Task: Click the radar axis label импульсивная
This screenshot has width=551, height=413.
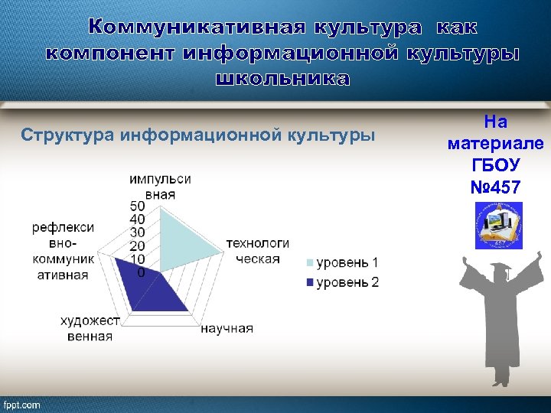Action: pyautogui.click(x=160, y=186)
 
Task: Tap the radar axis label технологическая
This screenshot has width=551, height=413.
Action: pyautogui.click(x=257, y=250)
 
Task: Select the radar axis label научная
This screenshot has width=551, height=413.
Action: pyautogui.click(x=227, y=328)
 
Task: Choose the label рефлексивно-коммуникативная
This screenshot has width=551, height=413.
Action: pyautogui.click(x=63, y=251)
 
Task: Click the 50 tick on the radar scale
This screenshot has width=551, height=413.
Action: pyautogui.click(x=138, y=206)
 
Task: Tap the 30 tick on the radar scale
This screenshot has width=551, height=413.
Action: pyautogui.click(x=138, y=233)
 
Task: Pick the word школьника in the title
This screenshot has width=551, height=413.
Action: pyautogui.click(x=282, y=80)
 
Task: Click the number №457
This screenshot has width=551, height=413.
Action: pyautogui.click(x=495, y=187)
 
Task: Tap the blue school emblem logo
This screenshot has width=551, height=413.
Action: pyautogui.click(x=498, y=225)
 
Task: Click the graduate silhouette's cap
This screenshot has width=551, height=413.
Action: pyautogui.click(x=501, y=268)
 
